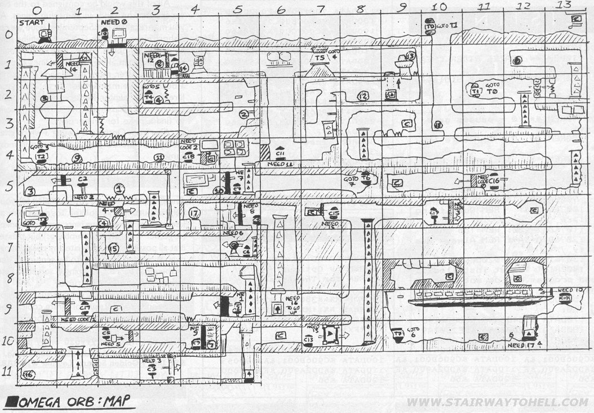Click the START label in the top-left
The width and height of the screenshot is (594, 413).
29,23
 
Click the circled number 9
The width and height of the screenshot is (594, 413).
77,158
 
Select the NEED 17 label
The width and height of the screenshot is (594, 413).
521,345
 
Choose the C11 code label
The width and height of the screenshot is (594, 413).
280,152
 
